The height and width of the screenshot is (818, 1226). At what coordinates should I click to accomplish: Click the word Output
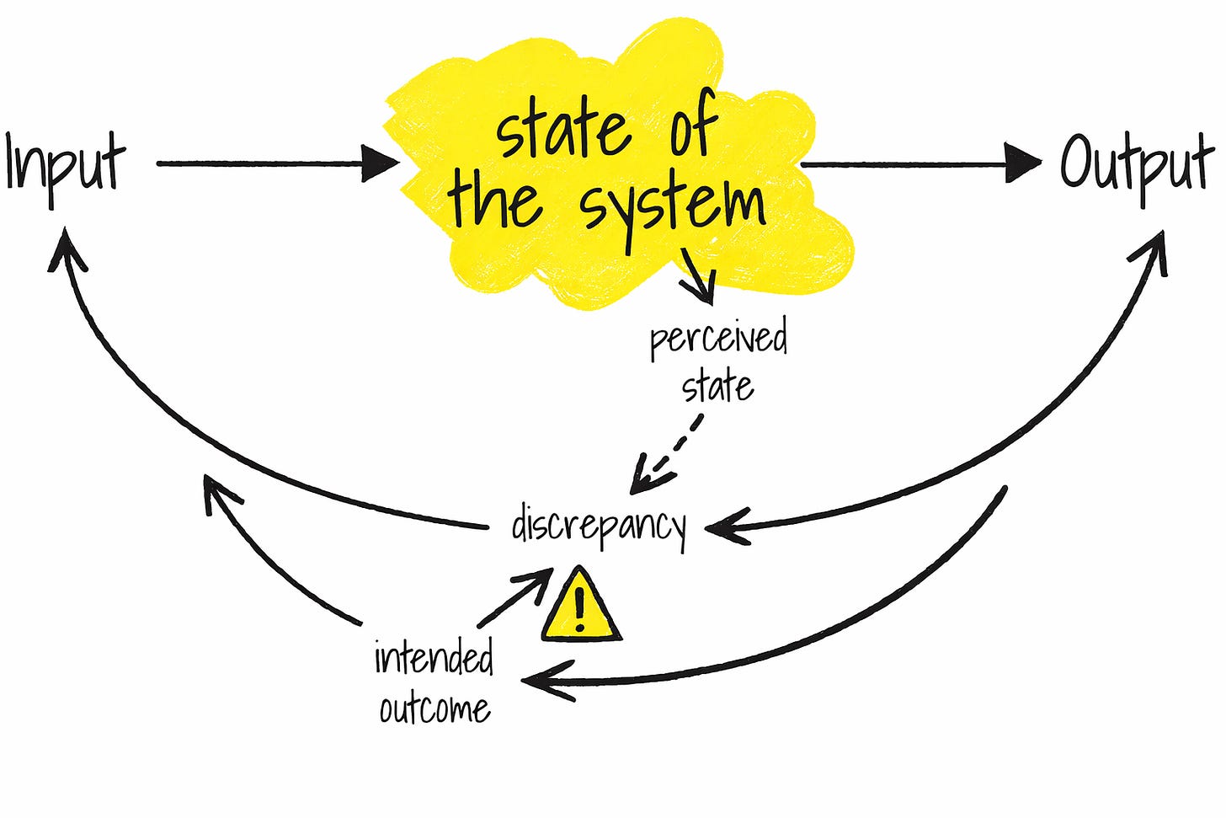point(1135,164)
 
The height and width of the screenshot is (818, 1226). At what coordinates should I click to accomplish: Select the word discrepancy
point(599,527)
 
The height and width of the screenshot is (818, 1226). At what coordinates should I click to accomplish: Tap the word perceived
point(718,339)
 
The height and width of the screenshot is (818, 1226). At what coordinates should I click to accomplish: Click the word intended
point(434,657)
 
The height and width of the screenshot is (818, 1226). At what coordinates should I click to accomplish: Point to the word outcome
point(434,708)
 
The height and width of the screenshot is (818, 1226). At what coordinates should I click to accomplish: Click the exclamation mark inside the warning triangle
point(579,608)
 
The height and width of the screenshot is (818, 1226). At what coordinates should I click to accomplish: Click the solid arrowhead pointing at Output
point(1024,163)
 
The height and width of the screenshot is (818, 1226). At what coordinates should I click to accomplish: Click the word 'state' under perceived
point(717,387)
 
